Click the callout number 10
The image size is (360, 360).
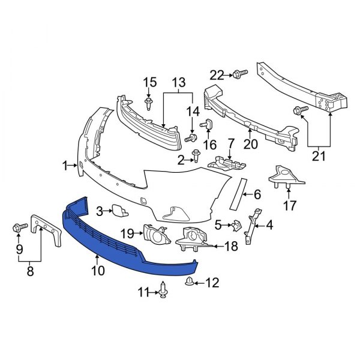click(97, 271)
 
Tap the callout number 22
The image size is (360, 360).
click(217, 74)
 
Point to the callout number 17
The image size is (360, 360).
click(290, 206)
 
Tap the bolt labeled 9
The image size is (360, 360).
click(17, 228)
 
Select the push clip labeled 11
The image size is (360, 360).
click(163, 292)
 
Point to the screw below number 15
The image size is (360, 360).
click(148, 106)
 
